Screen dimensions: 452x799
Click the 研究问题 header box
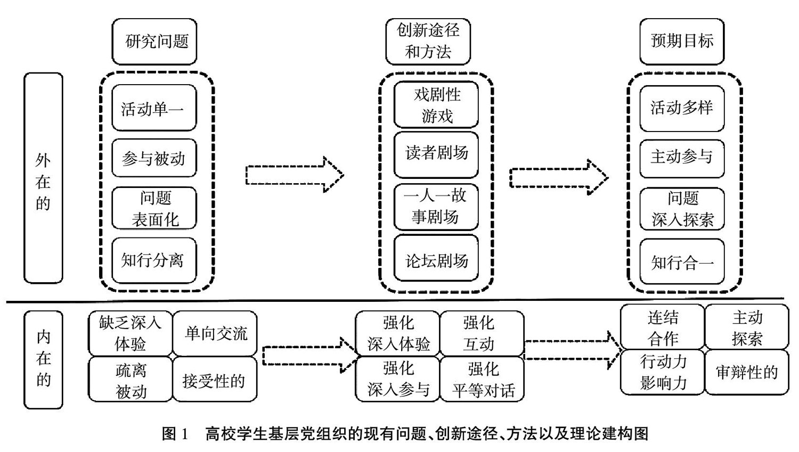click(154, 42)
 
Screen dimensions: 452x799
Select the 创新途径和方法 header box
click(428, 42)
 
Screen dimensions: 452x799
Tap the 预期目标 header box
click(682, 42)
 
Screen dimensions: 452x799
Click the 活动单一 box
click(154, 108)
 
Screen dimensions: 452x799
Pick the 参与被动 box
click(154, 158)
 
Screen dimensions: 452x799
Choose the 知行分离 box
click(154, 260)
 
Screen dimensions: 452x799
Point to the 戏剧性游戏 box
click(436, 105)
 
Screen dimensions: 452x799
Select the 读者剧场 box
click(436, 154)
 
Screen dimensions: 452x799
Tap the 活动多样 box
click(682, 108)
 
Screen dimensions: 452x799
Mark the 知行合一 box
click(682, 261)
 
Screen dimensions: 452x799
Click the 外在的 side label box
click(43, 178)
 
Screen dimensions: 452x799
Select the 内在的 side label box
click(43, 359)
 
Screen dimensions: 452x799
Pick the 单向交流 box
click(215, 334)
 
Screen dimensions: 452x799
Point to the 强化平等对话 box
click(483, 379)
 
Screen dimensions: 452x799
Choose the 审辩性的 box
click(747, 372)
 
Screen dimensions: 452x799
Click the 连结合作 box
click(663, 327)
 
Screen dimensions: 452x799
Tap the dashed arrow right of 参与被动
click(294, 174)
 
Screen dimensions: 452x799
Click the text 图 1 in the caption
click(175, 434)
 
